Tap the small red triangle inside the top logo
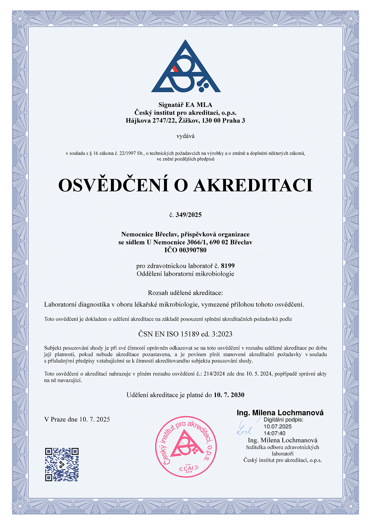pyautogui.click(x=175, y=68)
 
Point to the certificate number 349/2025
pyautogui.click(x=189, y=215)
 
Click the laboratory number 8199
pyautogui.click(x=228, y=266)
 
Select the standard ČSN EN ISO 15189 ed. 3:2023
pyautogui.click(x=185, y=334)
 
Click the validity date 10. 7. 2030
pyautogui.click(x=229, y=395)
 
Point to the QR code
pyautogui.click(x=62, y=464)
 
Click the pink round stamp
pyautogui.click(x=186, y=447)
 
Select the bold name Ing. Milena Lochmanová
pyautogui.click(x=280, y=413)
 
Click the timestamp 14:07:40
pyautogui.click(x=274, y=433)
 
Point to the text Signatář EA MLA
pyautogui.click(x=185, y=105)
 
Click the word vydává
pyautogui.click(x=185, y=136)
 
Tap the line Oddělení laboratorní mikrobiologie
pyautogui.click(x=185, y=274)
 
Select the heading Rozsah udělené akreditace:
pyautogui.click(x=185, y=293)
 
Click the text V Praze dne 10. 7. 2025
pyautogui.click(x=77, y=419)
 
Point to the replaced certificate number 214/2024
pyautogui.click(x=214, y=374)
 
